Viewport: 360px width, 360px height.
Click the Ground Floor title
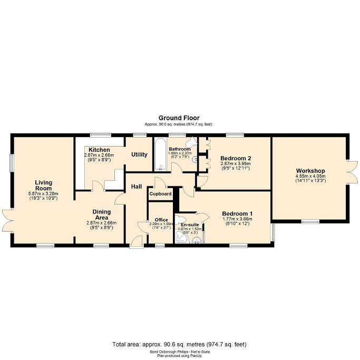pos(179,118)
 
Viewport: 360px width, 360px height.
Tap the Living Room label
pos(43,186)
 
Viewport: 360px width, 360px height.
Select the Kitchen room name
pos(99,150)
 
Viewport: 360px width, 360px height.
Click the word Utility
pos(139,155)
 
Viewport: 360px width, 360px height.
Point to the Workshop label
pos(310,171)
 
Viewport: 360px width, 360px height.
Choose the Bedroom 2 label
pos(235,158)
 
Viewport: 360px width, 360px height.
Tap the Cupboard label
pos(160,194)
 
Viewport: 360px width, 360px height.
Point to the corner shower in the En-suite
pos(181,239)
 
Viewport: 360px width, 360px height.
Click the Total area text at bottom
pos(179,344)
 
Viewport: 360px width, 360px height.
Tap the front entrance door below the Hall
pos(137,241)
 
